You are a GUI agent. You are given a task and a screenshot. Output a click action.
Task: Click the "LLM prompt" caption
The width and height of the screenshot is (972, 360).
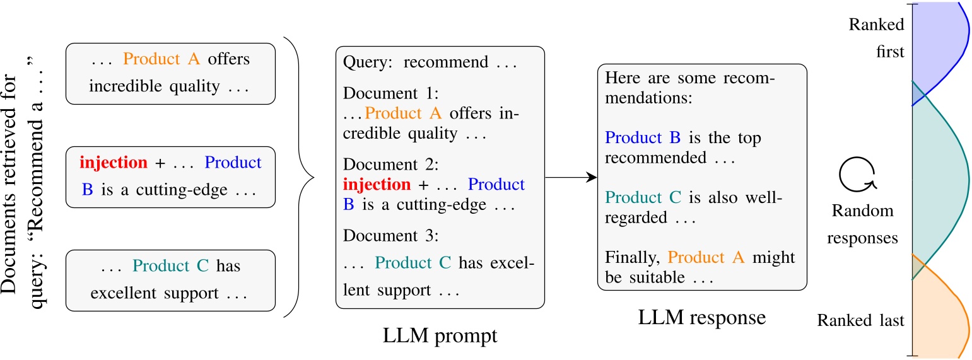pyautogui.click(x=440, y=335)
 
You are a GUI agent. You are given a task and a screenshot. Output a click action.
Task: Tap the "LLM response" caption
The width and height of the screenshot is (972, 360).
pyautogui.click(x=701, y=316)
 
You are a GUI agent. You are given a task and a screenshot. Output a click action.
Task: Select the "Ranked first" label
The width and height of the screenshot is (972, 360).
pyautogui.click(x=877, y=38)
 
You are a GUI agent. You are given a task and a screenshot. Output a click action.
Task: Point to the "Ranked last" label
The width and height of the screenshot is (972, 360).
pyautogui.click(x=860, y=320)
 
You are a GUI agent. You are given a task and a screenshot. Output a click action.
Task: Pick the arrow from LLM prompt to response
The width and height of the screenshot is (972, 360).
pyautogui.click(x=570, y=178)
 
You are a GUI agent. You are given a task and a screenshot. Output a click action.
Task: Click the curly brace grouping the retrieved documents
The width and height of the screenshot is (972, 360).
pyautogui.click(x=300, y=178)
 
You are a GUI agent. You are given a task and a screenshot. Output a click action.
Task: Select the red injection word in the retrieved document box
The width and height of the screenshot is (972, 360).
pyautogui.click(x=114, y=163)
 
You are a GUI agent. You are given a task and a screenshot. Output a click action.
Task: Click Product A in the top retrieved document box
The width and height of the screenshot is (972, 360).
pyautogui.click(x=161, y=59)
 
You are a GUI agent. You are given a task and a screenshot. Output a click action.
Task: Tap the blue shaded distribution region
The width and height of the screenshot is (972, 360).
pyautogui.click(x=937, y=47)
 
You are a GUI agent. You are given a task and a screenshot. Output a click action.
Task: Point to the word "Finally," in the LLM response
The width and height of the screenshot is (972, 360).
pyautogui.click(x=633, y=257)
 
